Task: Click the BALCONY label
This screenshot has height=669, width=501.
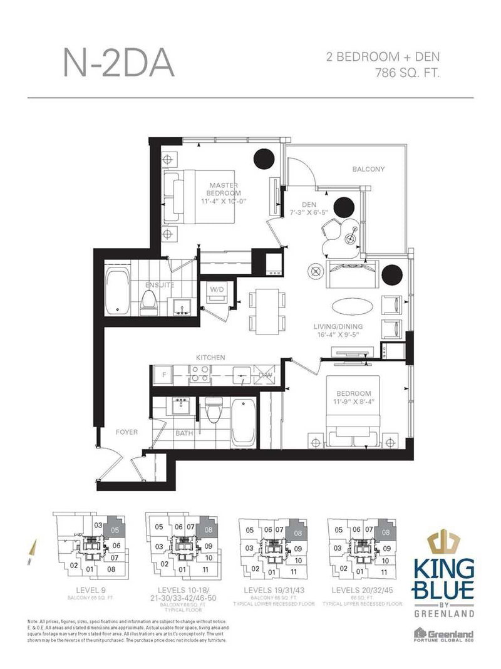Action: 368,169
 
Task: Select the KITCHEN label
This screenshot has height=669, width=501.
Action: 210,357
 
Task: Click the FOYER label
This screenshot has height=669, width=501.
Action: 126,432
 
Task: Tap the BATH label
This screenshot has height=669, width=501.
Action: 184,432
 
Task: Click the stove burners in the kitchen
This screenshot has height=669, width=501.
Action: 200,375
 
